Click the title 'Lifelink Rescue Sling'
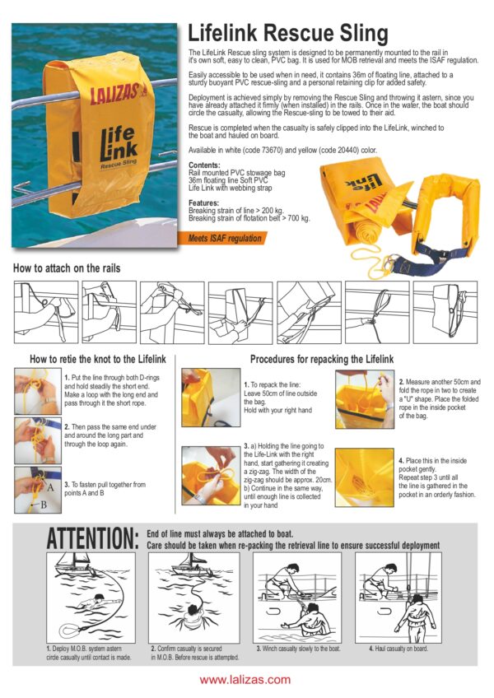pyautogui.click(x=288, y=33)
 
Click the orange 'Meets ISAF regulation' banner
pyautogui.click(x=224, y=238)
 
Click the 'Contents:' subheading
pyautogui.click(x=204, y=165)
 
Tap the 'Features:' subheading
pyautogui.click(x=203, y=202)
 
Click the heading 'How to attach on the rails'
pyautogui.click(x=67, y=268)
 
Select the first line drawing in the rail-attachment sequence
pyautogui.click(x=46, y=312)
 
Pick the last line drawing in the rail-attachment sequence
pyautogui.click(x=445, y=312)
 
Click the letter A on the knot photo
pyautogui.click(x=50, y=487)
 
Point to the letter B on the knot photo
pyautogui.click(x=44, y=505)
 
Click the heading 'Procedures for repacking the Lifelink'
pyautogui.click(x=322, y=359)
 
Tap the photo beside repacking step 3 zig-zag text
pyautogui.click(x=211, y=477)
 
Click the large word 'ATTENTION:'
pyautogui.click(x=93, y=538)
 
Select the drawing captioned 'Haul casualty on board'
pyautogui.click(x=398, y=598)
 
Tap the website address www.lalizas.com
pyautogui.click(x=245, y=680)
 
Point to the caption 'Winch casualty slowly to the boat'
pyautogui.click(x=298, y=649)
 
